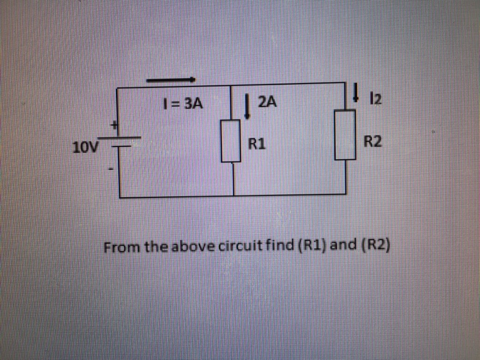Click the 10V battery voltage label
(x=86, y=147)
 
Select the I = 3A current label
(x=183, y=104)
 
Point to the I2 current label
(x=374, y=100)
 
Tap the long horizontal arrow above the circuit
(x=171, y=80)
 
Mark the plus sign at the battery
(x=116, y=125)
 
